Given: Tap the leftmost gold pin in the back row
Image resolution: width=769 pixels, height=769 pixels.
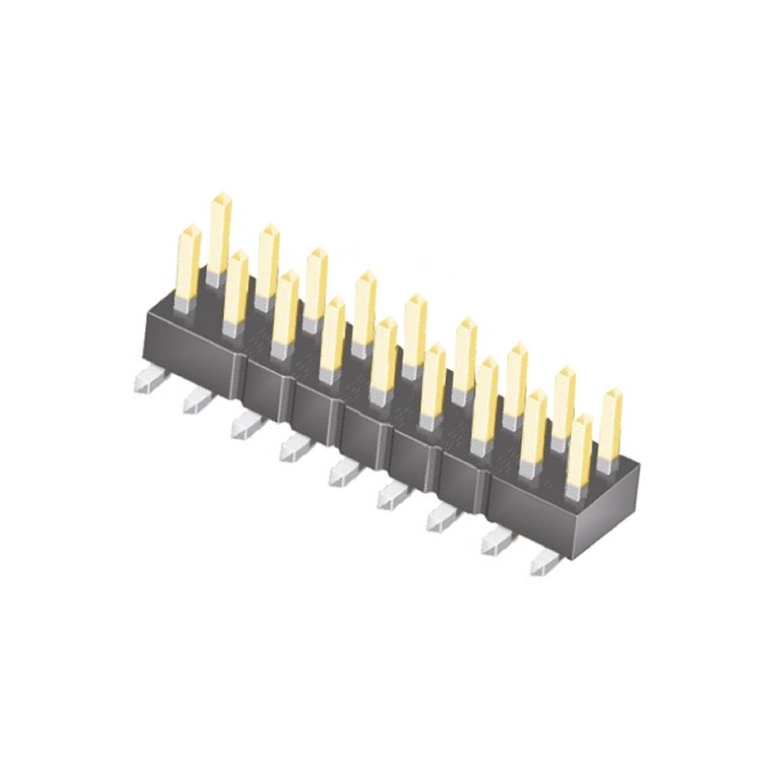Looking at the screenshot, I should (221, 231).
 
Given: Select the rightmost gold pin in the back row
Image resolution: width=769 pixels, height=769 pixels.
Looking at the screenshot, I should (609, 423).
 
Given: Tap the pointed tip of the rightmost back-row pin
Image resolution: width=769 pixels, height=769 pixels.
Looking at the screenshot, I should (610, 393).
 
